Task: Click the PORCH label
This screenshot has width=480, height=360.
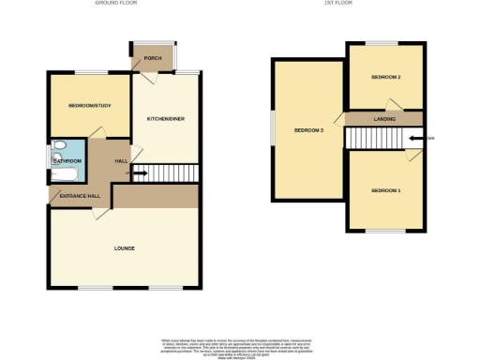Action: coord(153,58)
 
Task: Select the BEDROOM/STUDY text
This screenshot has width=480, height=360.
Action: coord(90,106)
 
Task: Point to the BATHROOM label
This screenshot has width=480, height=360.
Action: coord(67,161)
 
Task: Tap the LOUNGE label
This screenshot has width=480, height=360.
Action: coord(125,248)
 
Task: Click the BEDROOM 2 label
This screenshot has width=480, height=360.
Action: coord(385,77)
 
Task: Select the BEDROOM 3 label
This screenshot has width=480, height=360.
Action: coord(308,130)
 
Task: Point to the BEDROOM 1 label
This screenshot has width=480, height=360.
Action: coord(385,191)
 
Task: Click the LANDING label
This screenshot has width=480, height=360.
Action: coord(384,119)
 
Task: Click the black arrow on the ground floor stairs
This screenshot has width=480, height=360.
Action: coord(140,173)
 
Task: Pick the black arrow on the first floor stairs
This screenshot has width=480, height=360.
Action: coord(415,138)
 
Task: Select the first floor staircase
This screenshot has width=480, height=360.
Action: coord(379,138)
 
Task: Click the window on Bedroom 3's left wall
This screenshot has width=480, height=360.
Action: coord(273,129)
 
